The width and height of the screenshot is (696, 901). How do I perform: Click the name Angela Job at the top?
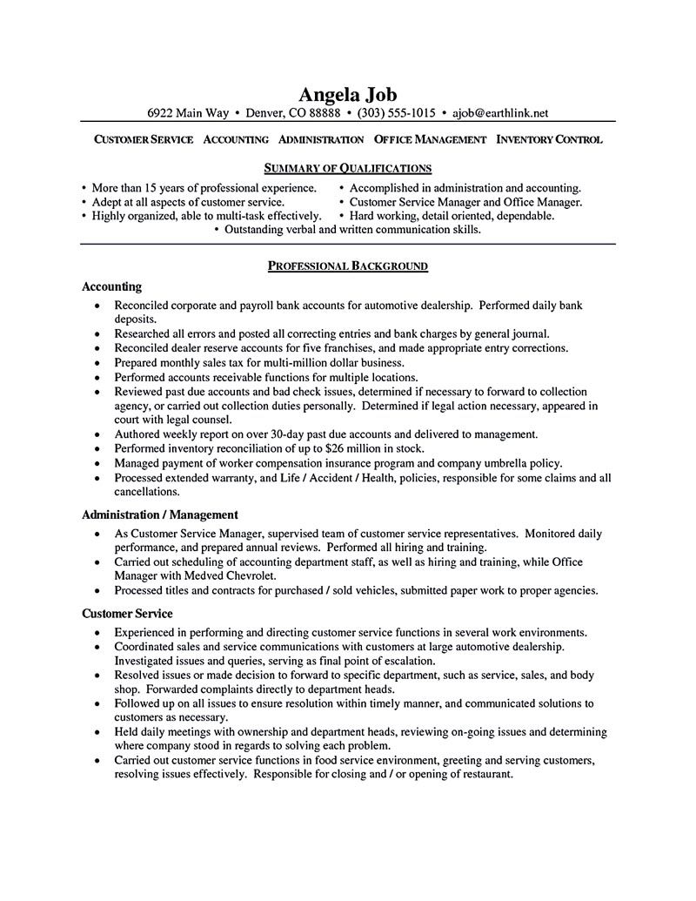[347, 95]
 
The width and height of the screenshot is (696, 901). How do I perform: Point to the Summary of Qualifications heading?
[347, 168]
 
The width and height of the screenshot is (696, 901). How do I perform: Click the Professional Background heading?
[347, 266]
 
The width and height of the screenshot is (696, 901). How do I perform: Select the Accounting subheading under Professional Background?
[111, 286]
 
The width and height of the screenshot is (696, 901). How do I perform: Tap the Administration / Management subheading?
[159, 514]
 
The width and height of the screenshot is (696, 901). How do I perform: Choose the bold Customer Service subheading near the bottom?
[127, 613]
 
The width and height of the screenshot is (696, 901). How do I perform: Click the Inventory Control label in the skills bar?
[549, 139]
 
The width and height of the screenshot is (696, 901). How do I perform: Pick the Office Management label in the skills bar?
[430, 139]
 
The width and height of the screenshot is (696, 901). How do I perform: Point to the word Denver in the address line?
[266, 113]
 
